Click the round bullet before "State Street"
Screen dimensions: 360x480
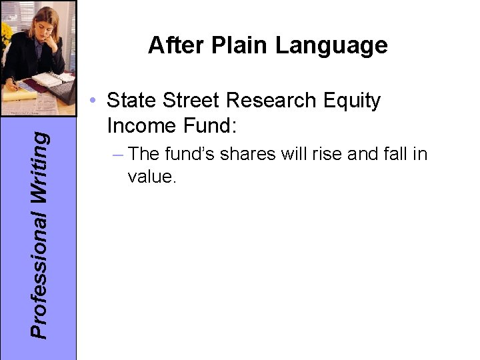[x=97, y=101]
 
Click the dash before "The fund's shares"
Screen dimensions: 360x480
[x=119, y=154]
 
